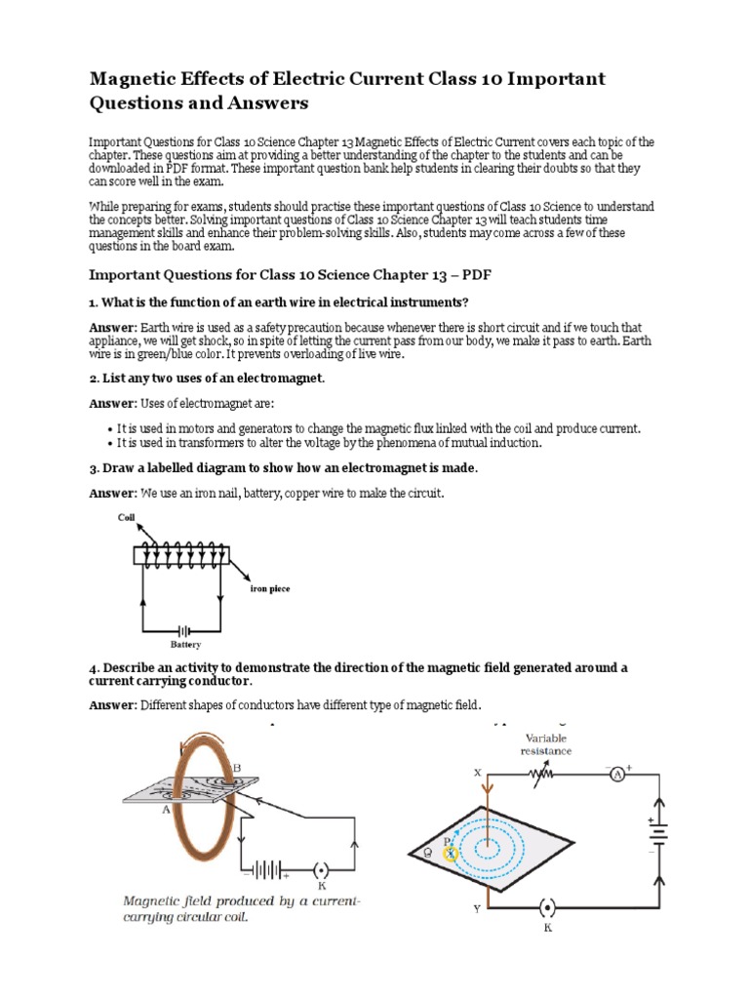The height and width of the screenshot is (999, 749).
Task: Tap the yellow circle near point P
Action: [x=451, y=853]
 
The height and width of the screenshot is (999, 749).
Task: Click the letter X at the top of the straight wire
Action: [x=478, y=772]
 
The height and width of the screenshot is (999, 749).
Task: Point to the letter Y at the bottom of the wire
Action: [x=477, y=909]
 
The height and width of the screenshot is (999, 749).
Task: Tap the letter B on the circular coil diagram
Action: [x=235, y=767]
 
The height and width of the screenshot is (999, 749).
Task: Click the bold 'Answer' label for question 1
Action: [x=114, y=327]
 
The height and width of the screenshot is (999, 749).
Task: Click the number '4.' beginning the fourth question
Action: [x=95, y=667]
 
